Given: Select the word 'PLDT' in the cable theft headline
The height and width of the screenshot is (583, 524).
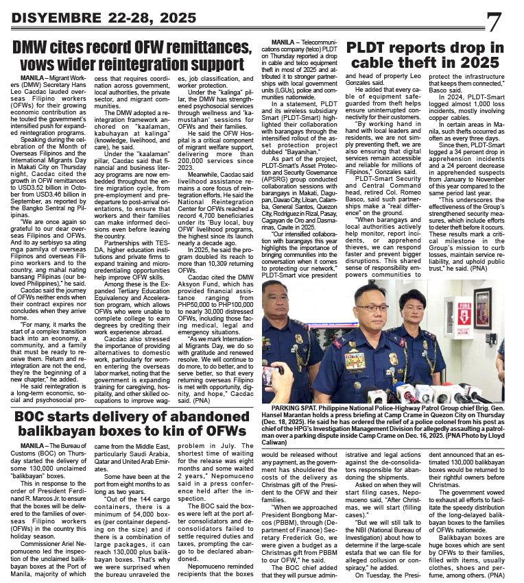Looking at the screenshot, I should (x=376, y=47).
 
